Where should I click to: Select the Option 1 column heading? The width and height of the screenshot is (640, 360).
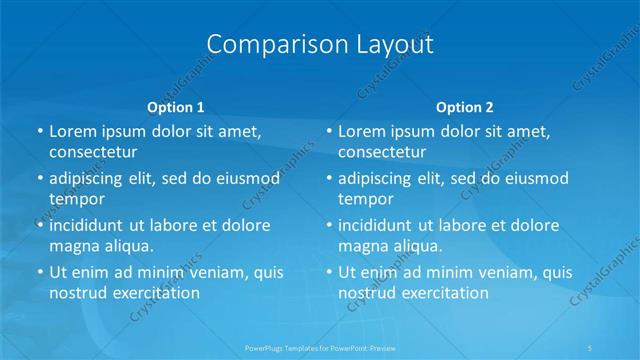click(x=176, y=107)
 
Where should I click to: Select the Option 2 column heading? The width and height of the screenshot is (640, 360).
click(x=465, y=107)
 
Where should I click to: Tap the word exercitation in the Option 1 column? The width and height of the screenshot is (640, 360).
click(x=154, y=293)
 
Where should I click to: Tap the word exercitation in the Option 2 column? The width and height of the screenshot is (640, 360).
click(x=444, y=293)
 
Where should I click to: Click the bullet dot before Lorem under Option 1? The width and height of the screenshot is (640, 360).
click(x=40, y=132)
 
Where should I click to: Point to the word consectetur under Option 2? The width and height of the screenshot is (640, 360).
click(x=382, y=152)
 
